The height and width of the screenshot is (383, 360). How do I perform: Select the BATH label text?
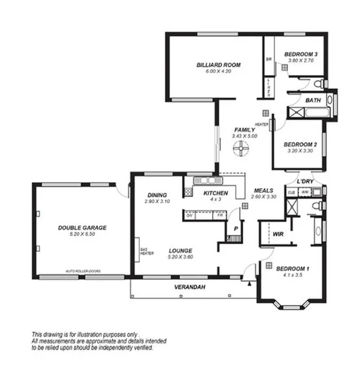coord(313,101)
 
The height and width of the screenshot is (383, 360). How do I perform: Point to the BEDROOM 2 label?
coord(300,144)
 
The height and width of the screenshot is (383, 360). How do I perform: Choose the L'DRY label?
coord(305,182)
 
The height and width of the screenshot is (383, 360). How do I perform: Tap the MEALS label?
coord(264,190)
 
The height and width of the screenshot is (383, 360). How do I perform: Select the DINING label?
coord(158,196)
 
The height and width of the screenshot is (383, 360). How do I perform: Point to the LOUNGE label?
coord(180,250)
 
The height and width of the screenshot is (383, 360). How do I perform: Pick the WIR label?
coord(277,234)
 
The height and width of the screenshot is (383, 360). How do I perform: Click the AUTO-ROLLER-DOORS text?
coord(83,271)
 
